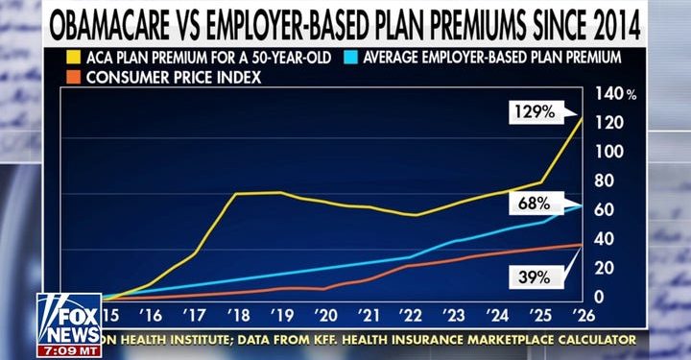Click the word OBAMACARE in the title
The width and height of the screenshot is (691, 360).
point(129,21)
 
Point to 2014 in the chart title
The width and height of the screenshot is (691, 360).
point(634,21)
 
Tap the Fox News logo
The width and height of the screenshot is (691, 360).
point(68,319)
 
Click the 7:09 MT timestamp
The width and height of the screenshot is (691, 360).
point(68,350)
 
